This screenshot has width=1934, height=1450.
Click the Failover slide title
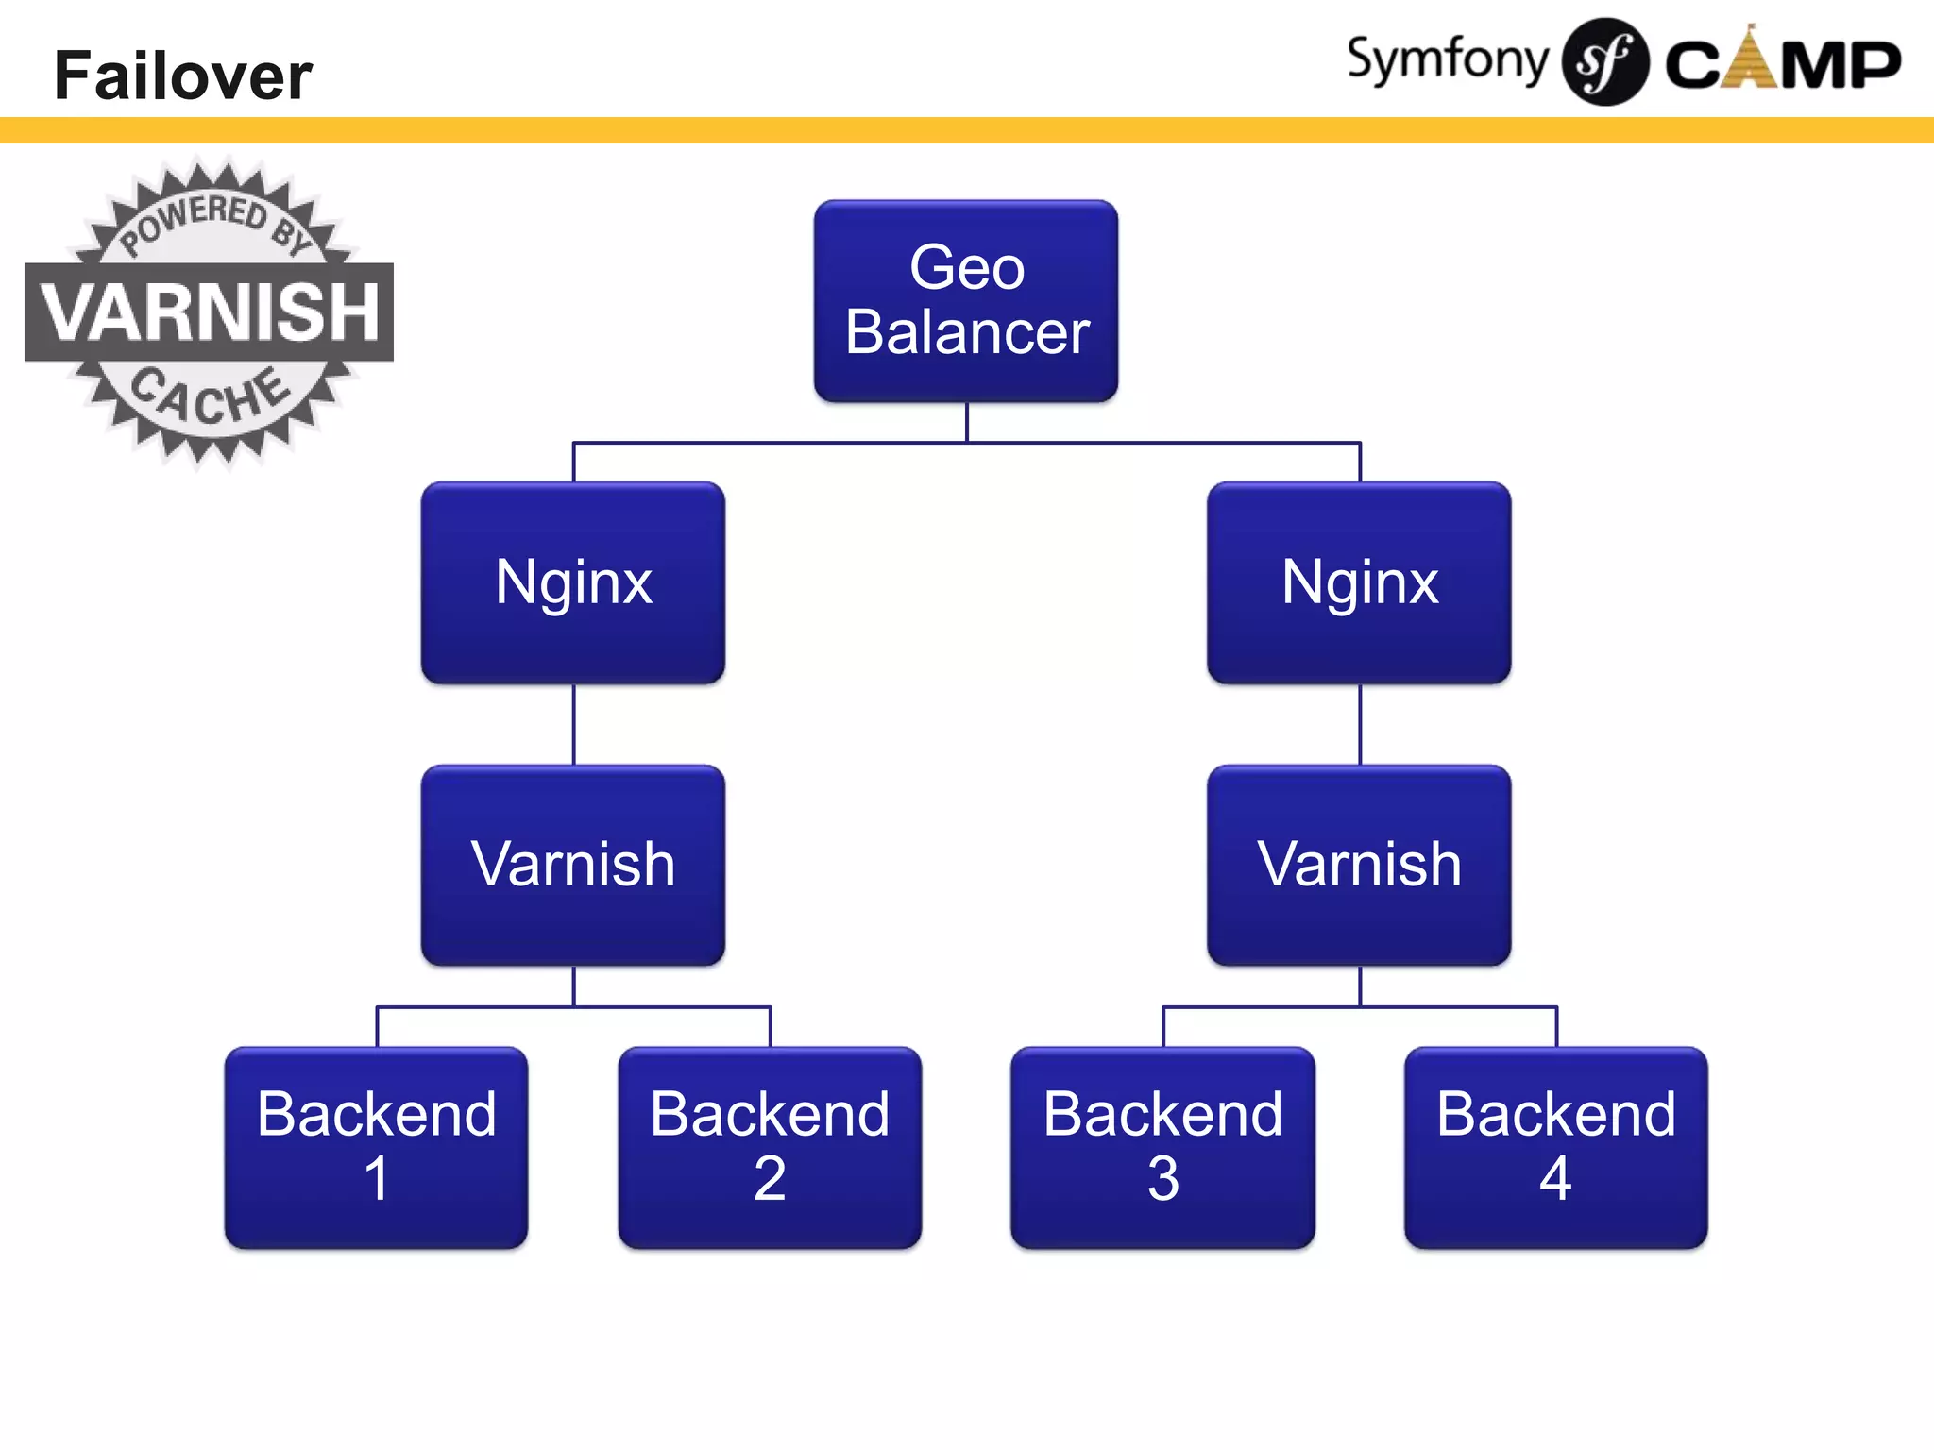(x=182, y=76)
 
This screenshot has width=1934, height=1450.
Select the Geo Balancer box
(x=966, y=300)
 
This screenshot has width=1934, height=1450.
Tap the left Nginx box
(x=573, y=582)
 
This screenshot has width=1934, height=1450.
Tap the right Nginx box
(x=1359, y=582)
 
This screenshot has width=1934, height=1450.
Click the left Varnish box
(x=573, y=865)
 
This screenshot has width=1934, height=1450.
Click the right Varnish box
(x=1359, y=865)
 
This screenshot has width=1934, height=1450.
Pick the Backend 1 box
(x=376, y=1146)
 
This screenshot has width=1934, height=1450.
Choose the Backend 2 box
(x=770, y=1146)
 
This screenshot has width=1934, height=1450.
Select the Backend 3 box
(x=1162, y=1146)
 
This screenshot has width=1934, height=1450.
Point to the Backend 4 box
(x=1555, y=1146)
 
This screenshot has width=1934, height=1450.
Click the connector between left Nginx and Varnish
(x=574, y=724)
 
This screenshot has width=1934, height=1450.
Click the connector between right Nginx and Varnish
(x=1360, y=724)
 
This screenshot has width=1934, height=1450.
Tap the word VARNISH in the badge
(x=210, y=312)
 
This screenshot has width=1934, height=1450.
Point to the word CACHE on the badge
(x=208, y=397)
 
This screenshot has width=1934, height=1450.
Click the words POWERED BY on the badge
(x=213, y=220)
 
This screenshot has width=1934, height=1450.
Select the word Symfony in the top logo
(x=1447, y=60)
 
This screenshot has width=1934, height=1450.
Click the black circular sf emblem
(x=1604, y=62)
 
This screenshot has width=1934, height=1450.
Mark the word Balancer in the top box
(x=967, y=332)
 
